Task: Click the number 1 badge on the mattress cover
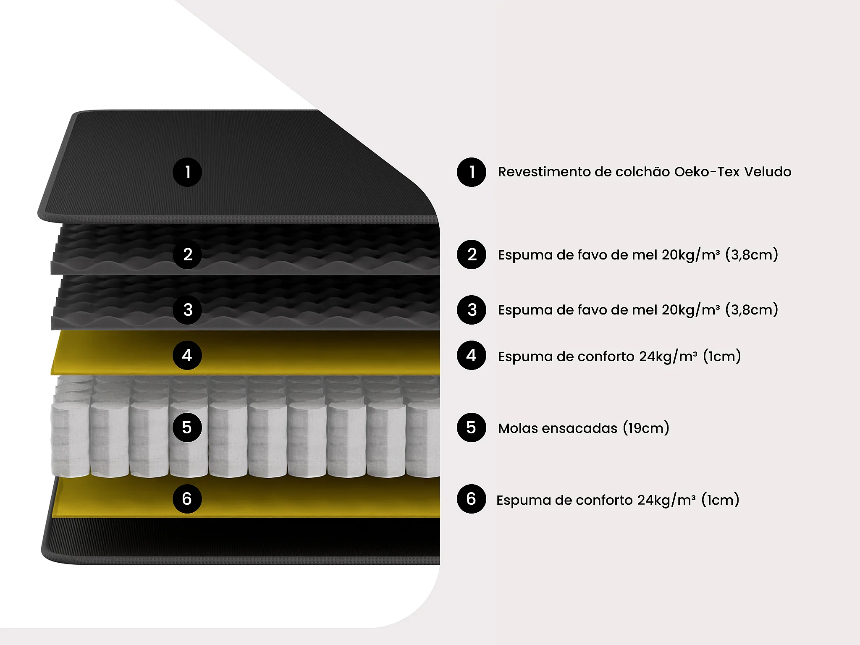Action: point(187,172)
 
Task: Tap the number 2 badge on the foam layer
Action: point(187,254)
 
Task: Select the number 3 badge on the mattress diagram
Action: point(187,310)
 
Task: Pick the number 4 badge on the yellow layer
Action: point(187,355)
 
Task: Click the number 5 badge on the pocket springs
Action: point(187,427)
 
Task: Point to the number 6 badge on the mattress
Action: point(187,499)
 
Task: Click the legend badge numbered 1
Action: point(472,172)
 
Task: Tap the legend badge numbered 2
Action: point(472,254)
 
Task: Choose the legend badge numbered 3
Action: point(472,310)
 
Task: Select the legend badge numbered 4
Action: point(472,355)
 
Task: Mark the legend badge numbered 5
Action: point(472,427)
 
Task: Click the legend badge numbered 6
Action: point(472,499)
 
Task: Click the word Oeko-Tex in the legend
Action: point(707,172)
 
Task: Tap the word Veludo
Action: point(768,172)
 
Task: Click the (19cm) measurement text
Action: point(646,428)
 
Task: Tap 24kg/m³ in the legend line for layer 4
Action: point(668,357)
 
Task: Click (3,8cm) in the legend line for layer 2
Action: point(752,255)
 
